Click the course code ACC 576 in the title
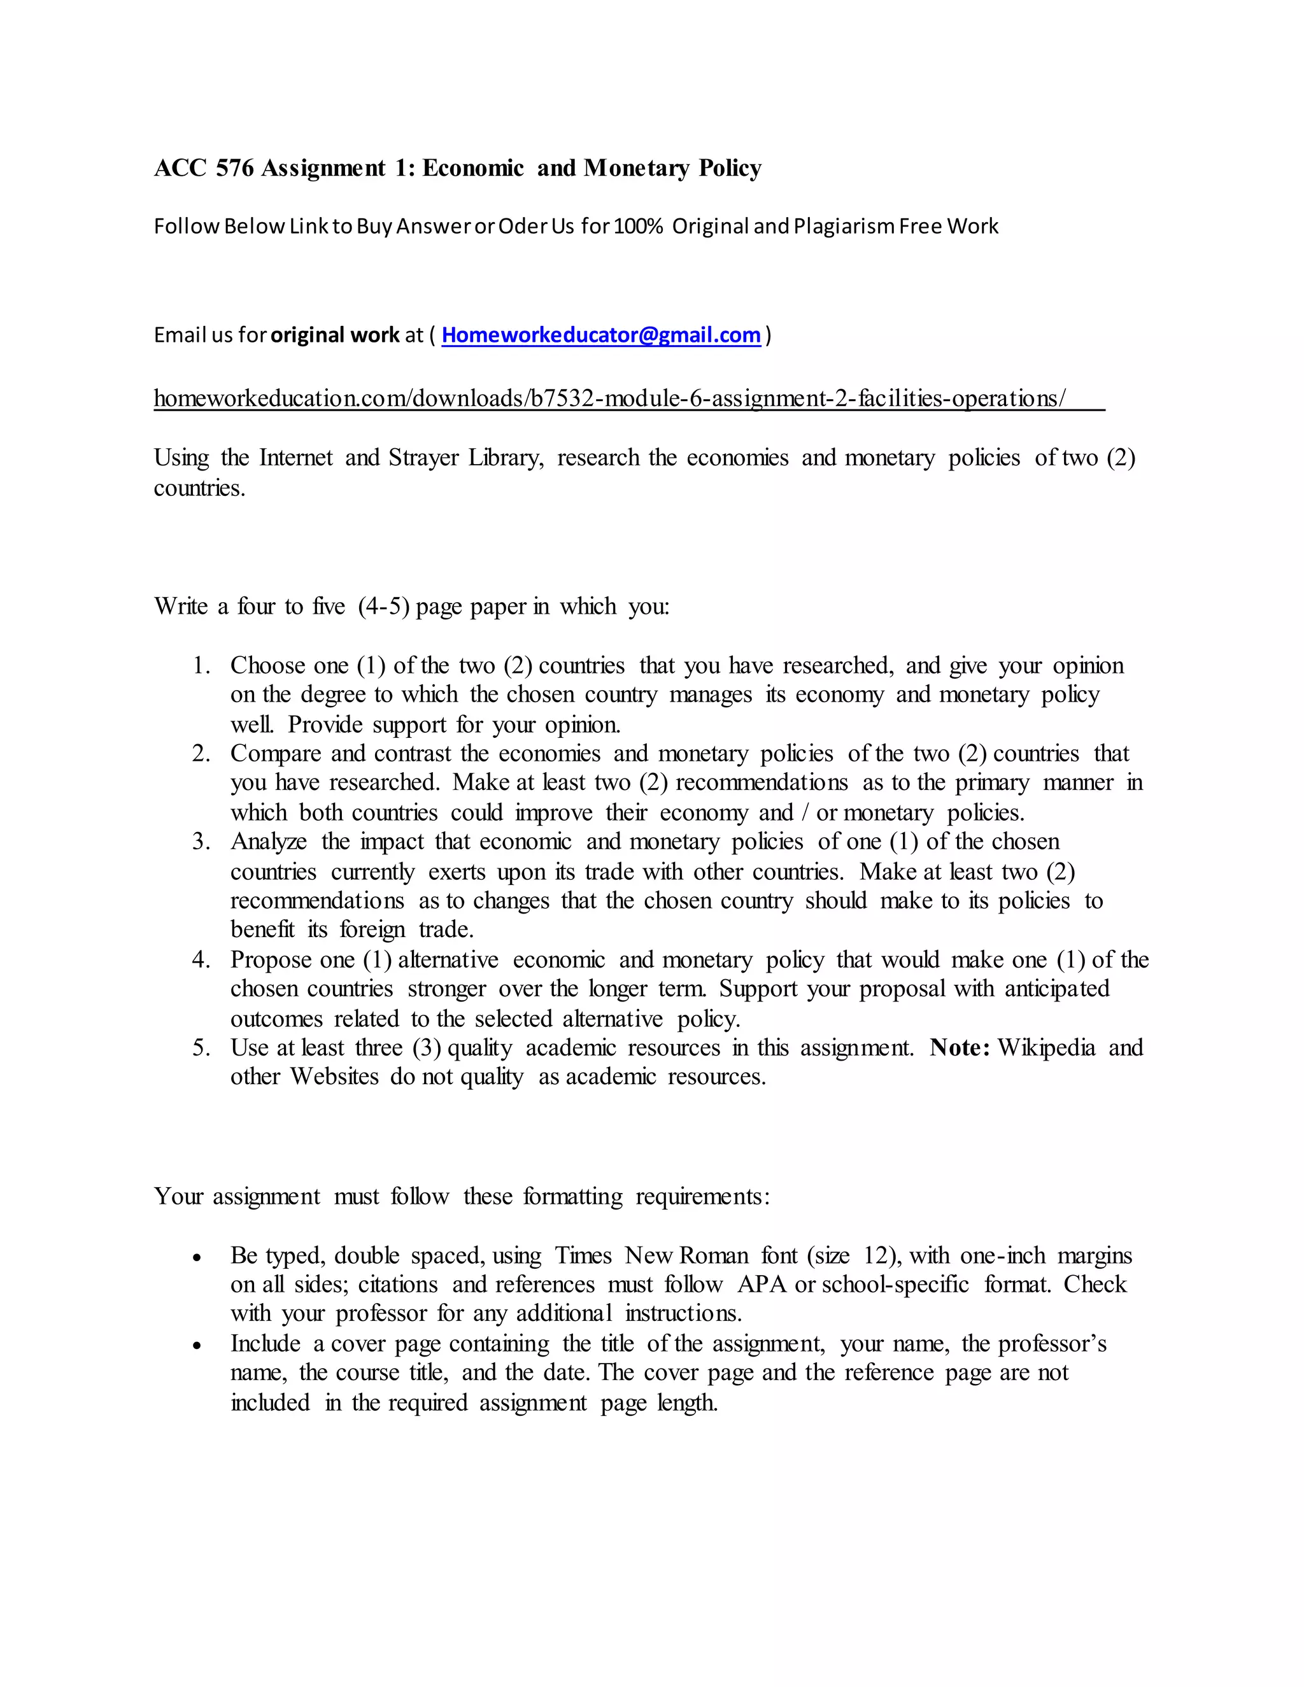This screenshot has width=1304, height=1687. pos(204,167)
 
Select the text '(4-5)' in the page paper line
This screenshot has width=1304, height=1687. pos(383,605)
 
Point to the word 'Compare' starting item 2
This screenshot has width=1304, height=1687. pos(274,753)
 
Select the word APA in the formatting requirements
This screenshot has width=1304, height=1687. pos(762,1285)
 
